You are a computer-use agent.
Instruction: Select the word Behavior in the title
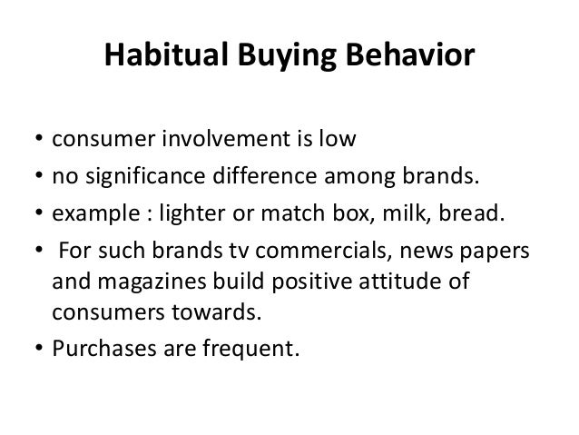pos(404,56)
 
